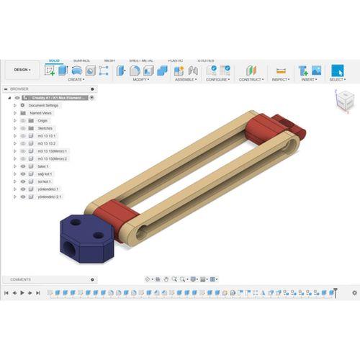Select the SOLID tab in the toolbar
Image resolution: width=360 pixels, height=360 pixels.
tap(54, 60)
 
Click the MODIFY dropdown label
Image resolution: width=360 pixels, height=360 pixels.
tap(140, 80)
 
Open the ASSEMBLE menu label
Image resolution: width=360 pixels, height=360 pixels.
tap(185, 80)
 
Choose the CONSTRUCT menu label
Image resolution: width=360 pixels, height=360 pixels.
tap(251, 80)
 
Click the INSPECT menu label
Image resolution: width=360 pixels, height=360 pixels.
tap(281, 80)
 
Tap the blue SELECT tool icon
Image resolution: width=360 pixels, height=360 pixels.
tap(336, 71)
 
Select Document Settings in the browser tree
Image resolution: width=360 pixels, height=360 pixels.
tap(44, 105)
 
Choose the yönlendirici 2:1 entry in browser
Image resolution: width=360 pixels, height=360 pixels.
tap(49, 196)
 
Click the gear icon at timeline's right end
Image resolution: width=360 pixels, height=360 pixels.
tap(354, 293)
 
